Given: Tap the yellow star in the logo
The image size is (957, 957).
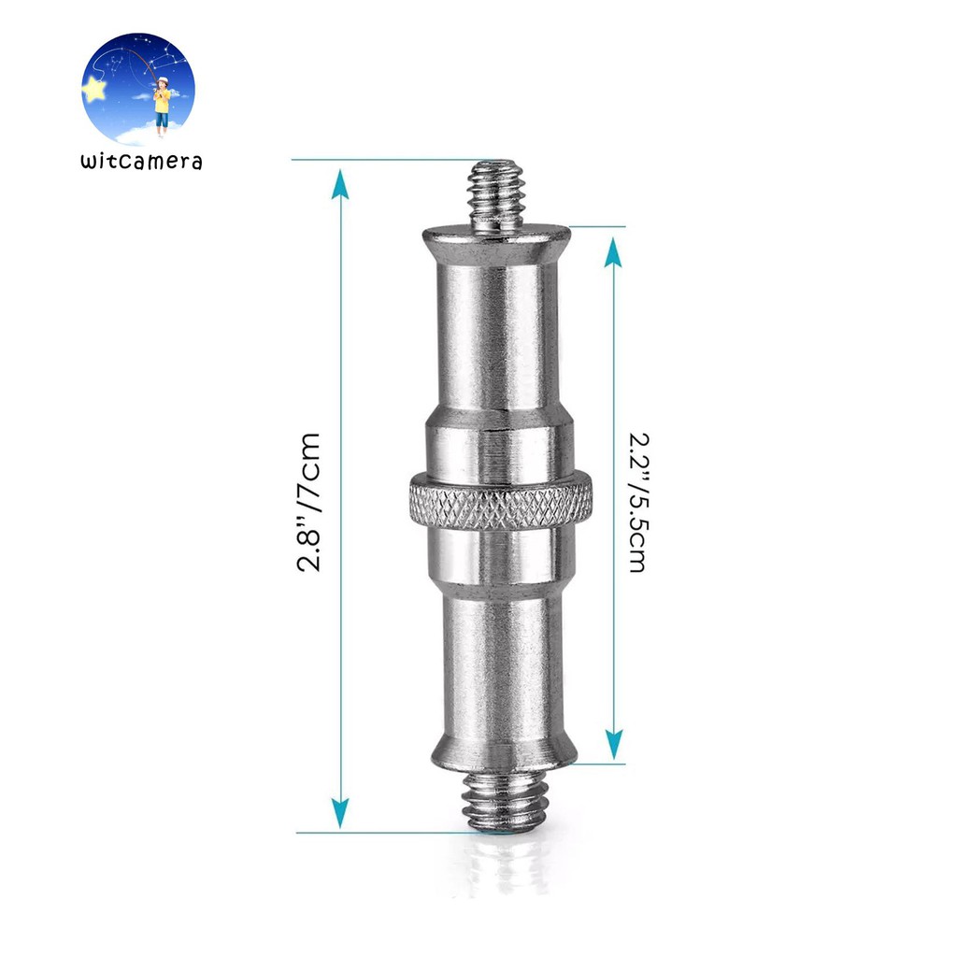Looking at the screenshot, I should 94,89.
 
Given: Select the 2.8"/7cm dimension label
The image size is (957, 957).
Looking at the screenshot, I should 307,502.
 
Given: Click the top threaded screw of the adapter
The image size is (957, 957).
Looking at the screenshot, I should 496,195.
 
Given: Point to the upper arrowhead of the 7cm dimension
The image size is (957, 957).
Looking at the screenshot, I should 341,184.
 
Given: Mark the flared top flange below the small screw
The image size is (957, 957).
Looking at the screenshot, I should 496,241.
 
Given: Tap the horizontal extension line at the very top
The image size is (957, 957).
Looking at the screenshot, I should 393,160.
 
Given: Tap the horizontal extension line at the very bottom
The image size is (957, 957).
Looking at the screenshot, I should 393,832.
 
